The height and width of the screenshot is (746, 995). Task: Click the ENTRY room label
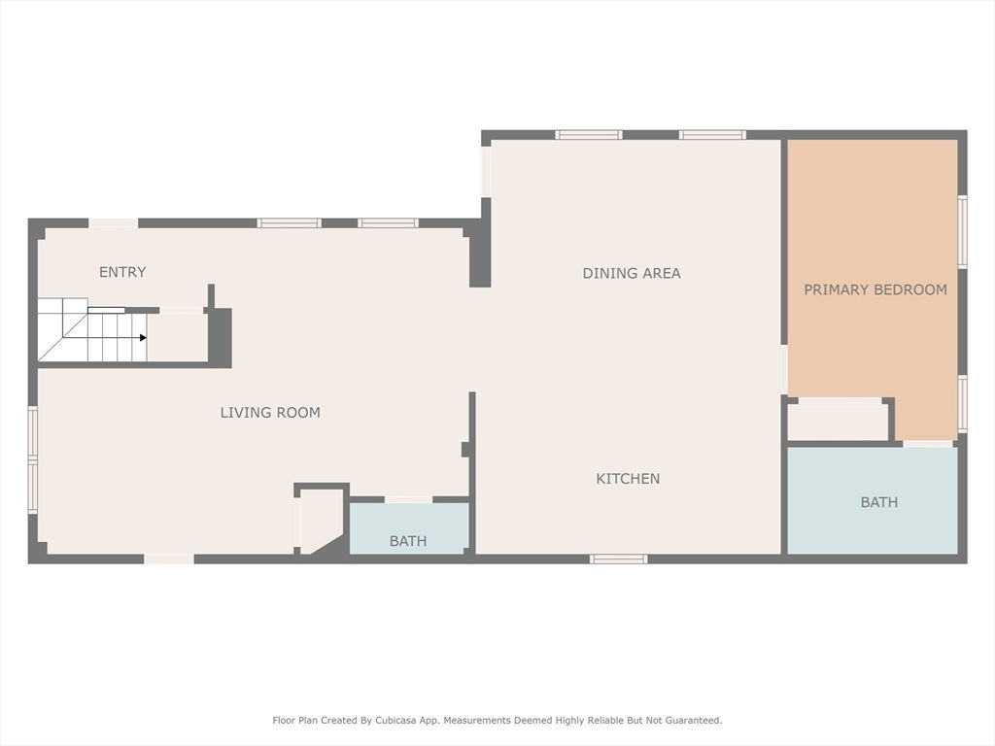[x=122, y=272]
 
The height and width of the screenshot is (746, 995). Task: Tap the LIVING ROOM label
[x=270, y=413]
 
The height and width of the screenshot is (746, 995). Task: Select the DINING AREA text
[x=632, y=273]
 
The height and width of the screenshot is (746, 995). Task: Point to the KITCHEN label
[x=628, y=479]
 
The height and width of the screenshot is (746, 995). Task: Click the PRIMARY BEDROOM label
[x=875, y=289]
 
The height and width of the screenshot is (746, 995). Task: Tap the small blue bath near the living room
[x=409, y=528]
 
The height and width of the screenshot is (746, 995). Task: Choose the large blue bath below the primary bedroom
[x=873, y=500]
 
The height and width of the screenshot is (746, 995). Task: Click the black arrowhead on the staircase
[x=144, y=337]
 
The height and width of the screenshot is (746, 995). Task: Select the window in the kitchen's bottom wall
[x=619, y=559]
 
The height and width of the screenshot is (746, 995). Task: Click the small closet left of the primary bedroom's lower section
[x=838, y=420]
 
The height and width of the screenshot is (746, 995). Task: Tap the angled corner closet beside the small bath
[x=321, y=521]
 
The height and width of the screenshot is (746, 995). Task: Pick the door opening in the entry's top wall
[x=113, y=223]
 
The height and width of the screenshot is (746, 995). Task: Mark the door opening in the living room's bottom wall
[x=169, y=559]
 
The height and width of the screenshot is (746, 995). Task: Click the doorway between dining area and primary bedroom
[x=784, y=370]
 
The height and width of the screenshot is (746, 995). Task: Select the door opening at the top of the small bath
[x=409, y=500]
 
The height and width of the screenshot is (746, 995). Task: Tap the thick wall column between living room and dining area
[x=480, y=243]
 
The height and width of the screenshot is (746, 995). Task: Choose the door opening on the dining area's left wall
[x=486, y=172]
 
